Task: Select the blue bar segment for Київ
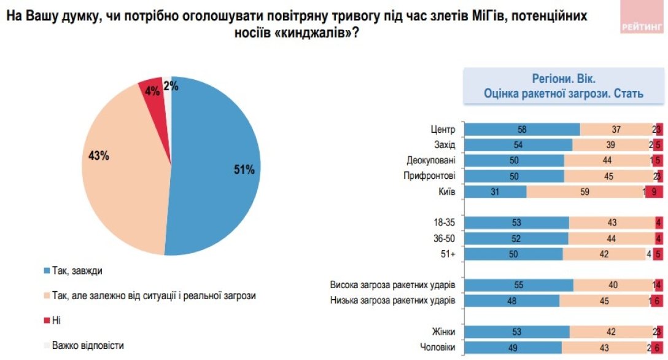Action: [495, 192]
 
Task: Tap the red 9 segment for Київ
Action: [654, 192]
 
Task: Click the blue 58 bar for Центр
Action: [522, 130]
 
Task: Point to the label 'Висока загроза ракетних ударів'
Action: [393, 285]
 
